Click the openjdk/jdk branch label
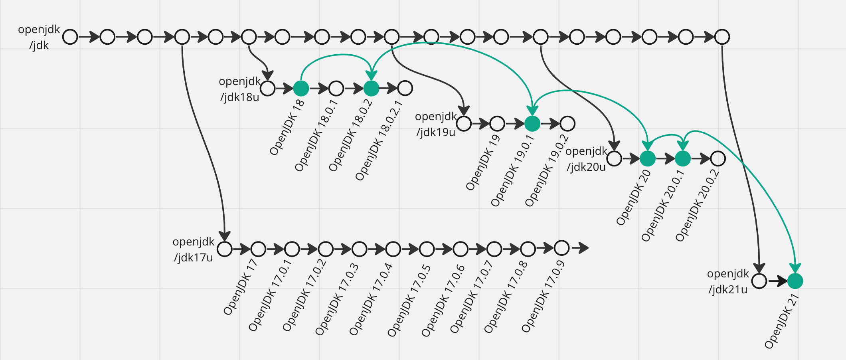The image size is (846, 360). (x=39, y=37)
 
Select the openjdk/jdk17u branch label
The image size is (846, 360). (x=194, y=249)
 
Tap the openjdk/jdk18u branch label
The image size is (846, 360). (x=239, y=89)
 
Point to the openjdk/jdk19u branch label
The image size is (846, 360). (x=436, y=124)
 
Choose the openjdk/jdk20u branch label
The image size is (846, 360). (x=586, y=159)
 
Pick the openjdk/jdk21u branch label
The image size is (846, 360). (x=728, y=281)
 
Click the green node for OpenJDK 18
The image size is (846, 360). (x=301, y=88)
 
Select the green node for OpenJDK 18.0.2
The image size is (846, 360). (x=371, y=88)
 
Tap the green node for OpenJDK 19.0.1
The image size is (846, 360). (x=532, y=124)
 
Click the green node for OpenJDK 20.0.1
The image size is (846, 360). (x=682, y=158)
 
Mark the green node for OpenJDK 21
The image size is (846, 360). (x=795, y=281)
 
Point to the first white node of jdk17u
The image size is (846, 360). (x=225, y=249)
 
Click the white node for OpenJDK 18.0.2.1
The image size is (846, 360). (x=405, y=88)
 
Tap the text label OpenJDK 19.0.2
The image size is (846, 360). (x=547, y=171)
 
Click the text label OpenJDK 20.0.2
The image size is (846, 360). (x=697, y=206)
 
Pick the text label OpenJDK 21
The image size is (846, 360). (x=781, y=321)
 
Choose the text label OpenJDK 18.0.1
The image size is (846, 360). (x=316, y=136)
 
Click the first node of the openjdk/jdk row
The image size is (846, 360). (x=70, y=37)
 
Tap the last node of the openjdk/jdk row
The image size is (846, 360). (x=722, y=37)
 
